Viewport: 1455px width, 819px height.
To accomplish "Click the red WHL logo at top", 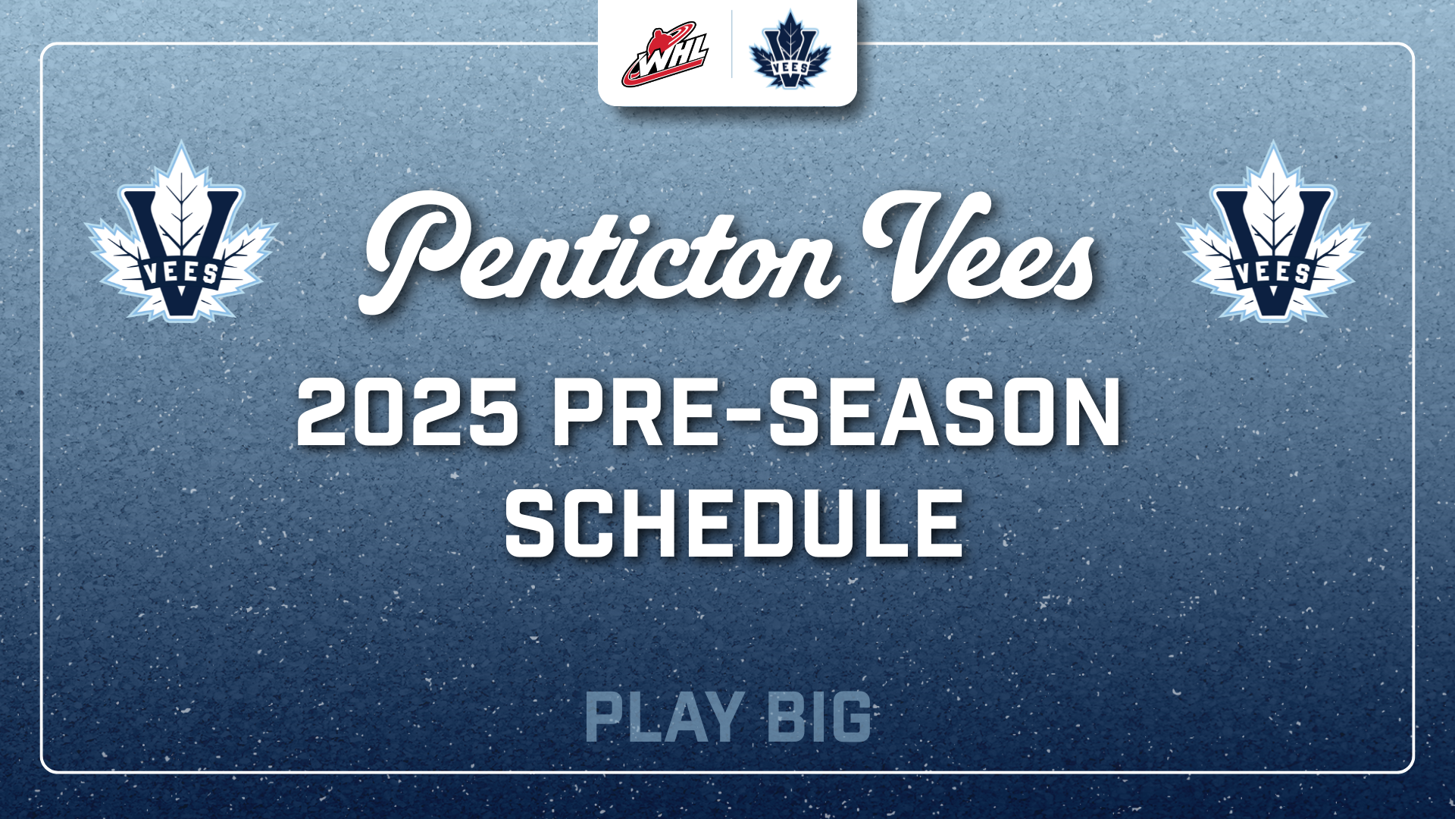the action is pos(665,54).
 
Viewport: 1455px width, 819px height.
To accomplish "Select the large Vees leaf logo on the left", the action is pos(181,232).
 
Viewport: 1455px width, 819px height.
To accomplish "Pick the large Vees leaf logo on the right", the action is pos(1273,232).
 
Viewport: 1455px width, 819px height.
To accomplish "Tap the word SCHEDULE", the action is pos(734,522).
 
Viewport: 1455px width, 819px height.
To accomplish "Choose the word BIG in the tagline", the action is pos(819,717).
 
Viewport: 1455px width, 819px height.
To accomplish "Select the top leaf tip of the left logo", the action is pos(181,143).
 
